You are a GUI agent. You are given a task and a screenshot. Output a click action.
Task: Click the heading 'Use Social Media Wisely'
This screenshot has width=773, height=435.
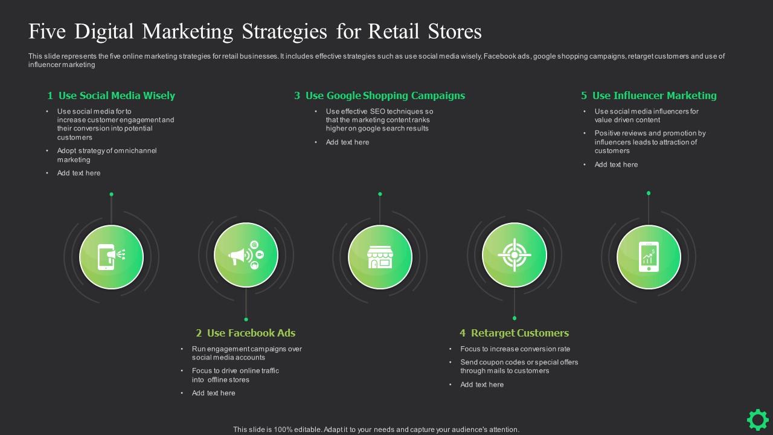point(117,95)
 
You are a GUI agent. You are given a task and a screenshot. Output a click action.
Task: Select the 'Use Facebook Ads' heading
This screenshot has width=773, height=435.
point(251,333)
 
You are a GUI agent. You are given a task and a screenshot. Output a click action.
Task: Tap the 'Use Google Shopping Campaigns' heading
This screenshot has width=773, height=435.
point(385,95)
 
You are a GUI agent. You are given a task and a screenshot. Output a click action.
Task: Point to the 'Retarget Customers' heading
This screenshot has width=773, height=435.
point(520,333)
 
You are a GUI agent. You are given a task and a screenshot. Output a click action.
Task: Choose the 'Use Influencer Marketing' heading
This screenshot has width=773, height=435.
point(655,95)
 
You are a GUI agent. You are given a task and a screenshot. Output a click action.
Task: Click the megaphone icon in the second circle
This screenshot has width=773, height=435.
point(246,256)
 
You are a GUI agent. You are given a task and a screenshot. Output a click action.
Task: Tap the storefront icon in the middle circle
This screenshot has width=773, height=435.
point(380,256)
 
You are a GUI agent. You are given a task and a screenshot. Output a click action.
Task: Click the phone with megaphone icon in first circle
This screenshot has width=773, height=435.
point(111,256)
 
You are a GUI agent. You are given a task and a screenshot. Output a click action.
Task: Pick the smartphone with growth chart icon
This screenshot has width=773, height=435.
point(649,256)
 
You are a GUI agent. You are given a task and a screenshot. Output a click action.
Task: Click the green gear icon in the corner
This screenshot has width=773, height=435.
point(757,419)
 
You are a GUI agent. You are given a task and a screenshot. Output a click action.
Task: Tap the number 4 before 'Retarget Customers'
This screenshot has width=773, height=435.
point(463,333)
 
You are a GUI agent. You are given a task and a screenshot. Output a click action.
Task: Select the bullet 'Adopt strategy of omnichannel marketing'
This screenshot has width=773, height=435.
point(107,155)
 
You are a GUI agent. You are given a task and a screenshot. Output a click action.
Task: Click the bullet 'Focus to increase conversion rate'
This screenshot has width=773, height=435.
point(515,349)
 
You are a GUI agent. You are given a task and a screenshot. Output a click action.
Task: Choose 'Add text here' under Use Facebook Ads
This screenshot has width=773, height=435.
point(214,393)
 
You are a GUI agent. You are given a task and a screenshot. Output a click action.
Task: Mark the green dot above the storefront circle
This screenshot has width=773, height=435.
point(380,194)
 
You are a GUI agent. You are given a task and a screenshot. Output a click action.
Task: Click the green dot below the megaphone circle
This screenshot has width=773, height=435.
point(246,319)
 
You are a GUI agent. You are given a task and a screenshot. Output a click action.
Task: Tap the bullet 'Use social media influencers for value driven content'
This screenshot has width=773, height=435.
point(646,115)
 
